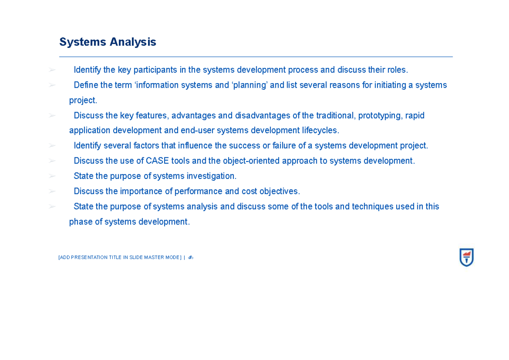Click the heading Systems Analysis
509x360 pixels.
pyautogui.click(x=108, y=42)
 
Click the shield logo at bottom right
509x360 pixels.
pyautogui.click(x=466, y=257)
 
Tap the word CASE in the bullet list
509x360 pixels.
pyautogui.click(x=157, y=161)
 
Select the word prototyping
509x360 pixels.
pyautogui.click(x=380, y=115)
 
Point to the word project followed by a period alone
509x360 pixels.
pyautogui.click(x=83, y=100)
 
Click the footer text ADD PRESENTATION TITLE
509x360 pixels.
pyautogui.click(x=120, y=257)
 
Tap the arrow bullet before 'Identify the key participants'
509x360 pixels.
pyautogui.click(x=52, y=70)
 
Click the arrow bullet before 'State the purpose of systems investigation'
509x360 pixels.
pyautogui.click(x=52, y=176)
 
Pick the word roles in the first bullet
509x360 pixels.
pyautogui.click(x=398, y=70)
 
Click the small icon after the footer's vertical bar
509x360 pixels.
pyautogui.click(x=190, y=257)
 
